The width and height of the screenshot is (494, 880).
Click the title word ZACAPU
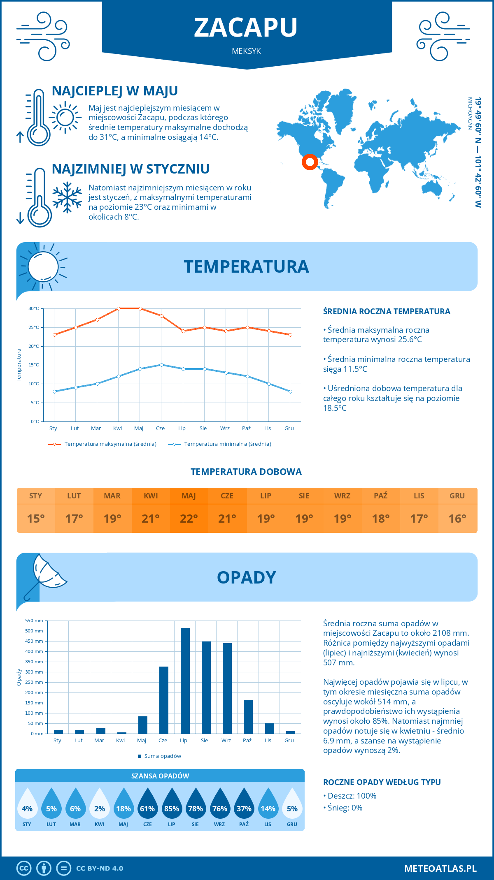(246, 28)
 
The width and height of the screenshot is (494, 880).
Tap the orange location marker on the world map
(310, 162)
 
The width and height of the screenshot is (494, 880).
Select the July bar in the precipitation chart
(185, 681)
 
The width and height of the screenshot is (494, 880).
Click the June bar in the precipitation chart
(164, 700)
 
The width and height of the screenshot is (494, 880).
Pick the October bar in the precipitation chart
(248, 717)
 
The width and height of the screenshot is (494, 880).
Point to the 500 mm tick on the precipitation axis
(34, 631)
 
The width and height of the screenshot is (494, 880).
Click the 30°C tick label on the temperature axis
(34, 308)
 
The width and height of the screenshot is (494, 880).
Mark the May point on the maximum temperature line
(140, 308)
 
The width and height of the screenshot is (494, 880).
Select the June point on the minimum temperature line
(161, 365)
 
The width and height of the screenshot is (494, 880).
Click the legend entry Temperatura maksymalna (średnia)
(110, 444)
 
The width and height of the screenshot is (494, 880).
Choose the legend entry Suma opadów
(163, 756)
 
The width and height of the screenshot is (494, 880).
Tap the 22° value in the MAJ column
(189, 519)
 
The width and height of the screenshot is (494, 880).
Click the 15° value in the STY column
(36, 519)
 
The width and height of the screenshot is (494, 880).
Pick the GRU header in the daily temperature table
(457, 496)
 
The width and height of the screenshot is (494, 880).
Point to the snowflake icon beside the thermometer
(67, 197)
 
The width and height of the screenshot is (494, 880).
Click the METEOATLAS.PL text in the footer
(440, 868)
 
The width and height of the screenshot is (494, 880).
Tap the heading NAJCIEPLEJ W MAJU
(115, 91)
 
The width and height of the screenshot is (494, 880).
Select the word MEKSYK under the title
(246, 51)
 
